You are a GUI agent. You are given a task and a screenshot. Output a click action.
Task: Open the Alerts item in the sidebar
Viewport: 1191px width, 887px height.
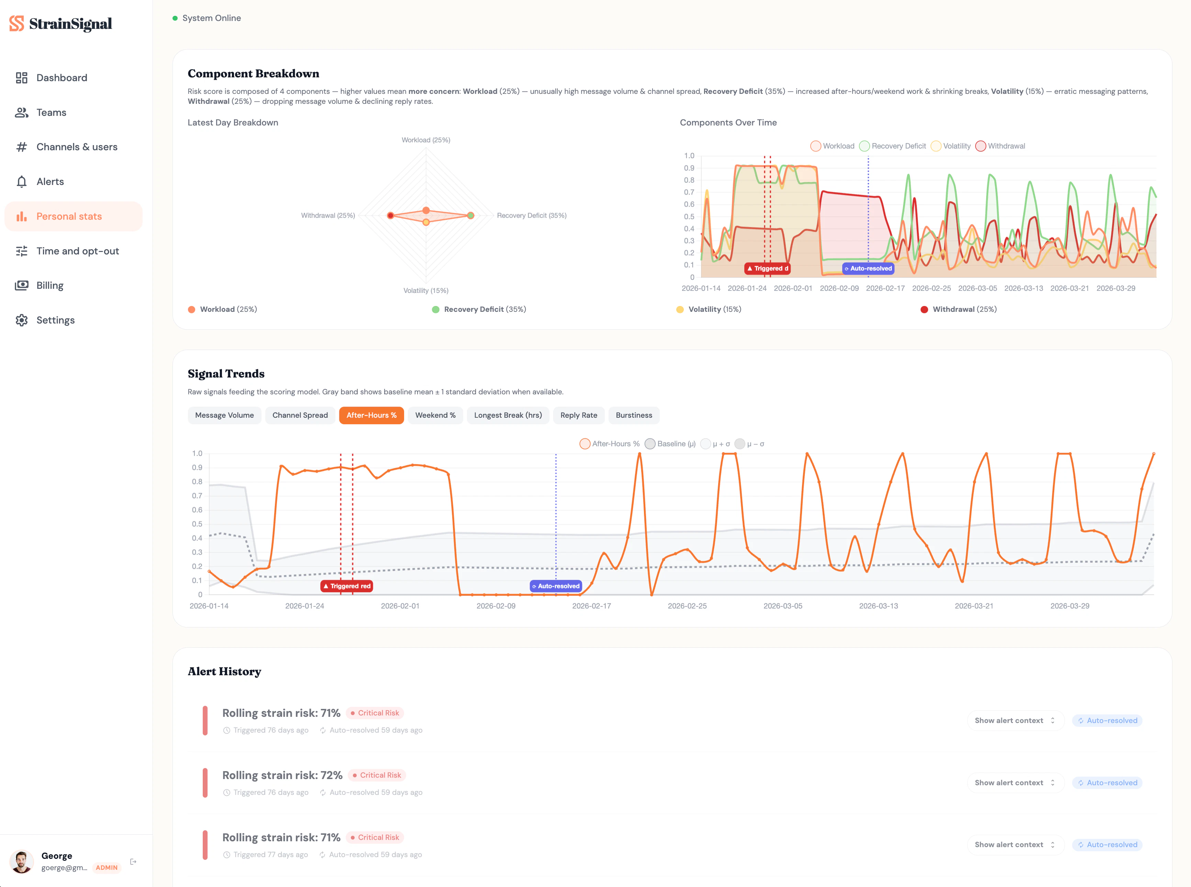(50, 182)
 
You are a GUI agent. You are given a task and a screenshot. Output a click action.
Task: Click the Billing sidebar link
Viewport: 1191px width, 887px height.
(49, 286)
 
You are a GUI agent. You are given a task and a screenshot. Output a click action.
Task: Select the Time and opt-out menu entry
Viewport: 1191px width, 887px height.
(77, 251)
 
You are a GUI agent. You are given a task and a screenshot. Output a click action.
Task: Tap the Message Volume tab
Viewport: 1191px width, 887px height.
(224, 415)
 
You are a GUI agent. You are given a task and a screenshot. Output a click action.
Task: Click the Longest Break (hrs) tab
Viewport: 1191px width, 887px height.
(508, 415)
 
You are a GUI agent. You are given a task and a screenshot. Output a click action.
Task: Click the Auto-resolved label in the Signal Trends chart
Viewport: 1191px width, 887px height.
(556, 586)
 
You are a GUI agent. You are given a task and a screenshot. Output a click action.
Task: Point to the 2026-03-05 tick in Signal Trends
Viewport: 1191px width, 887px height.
(782, 606)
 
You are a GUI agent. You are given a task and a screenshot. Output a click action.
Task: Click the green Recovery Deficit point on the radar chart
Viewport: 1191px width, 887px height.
(471, 215)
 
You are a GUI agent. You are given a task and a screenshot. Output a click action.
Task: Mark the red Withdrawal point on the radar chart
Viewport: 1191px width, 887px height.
(391, 215)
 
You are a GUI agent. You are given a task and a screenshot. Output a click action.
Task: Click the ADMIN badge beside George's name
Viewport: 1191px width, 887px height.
(106, 868)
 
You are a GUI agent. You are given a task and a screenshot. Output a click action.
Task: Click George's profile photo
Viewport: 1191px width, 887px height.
(21, 862)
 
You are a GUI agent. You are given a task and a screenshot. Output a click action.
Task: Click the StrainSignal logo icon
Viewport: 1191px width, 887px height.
(16, 24)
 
